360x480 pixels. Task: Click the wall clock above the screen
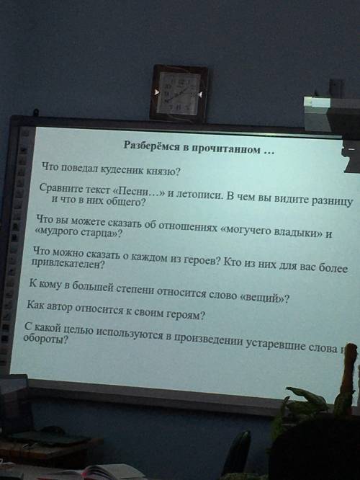179,93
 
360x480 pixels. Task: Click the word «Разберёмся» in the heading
151,145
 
